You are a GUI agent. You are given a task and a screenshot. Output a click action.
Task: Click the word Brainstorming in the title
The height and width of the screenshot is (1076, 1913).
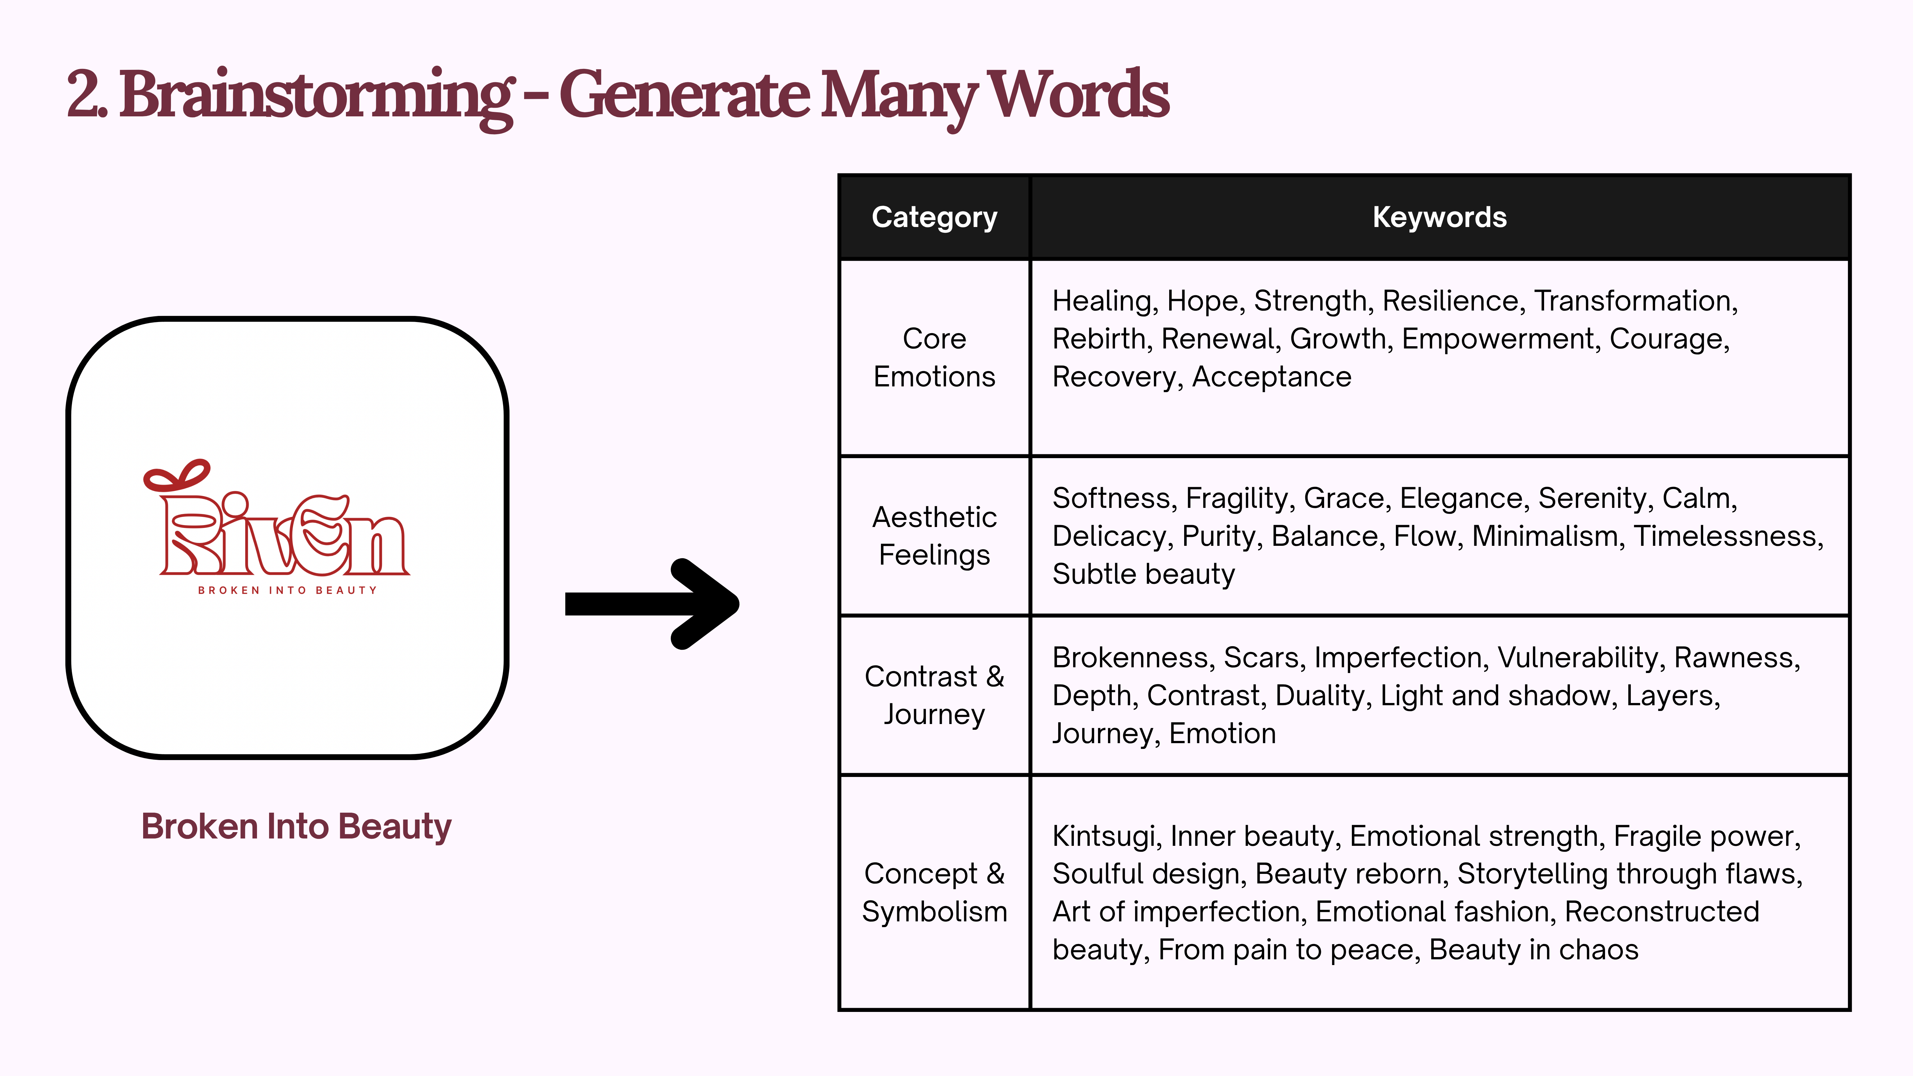point(316,95)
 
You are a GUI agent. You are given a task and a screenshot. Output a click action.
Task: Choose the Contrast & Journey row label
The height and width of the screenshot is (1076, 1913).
point(934,695)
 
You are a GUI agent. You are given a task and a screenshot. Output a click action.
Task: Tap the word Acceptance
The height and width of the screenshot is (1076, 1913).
point(1272,377)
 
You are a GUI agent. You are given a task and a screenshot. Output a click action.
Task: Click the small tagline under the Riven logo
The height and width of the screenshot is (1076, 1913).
point(287,590)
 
